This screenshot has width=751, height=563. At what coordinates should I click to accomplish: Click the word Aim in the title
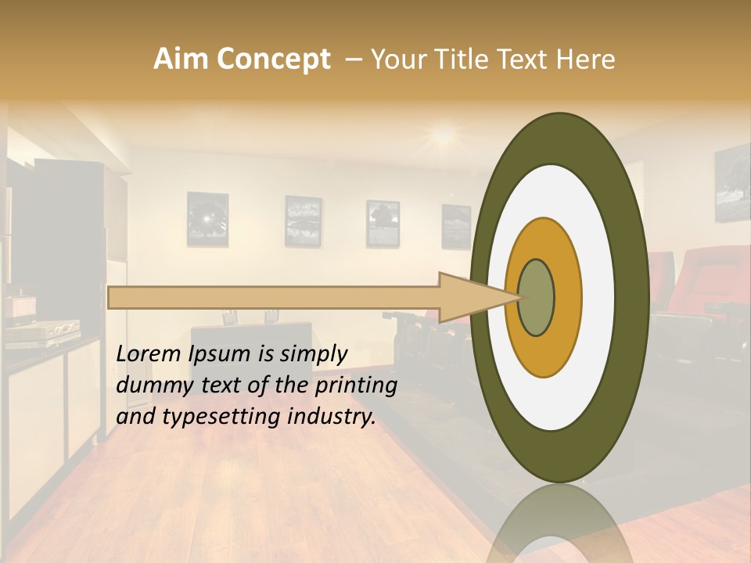181,59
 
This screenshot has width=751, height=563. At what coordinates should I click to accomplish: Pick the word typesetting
221,417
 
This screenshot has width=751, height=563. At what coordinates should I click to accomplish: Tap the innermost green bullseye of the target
537,297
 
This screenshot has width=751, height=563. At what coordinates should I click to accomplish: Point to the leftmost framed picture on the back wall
207,219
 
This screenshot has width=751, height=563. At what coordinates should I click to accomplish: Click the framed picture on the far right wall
732,185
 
